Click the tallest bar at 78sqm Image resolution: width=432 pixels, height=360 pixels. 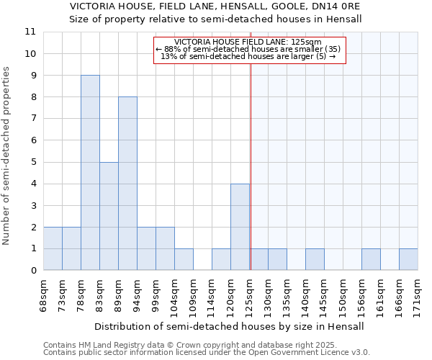(x=90, y=173)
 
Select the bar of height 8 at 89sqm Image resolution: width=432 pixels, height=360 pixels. (x=127, y=184)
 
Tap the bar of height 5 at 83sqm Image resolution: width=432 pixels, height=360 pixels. (x=109, y=216)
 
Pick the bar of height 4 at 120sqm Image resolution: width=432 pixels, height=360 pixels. (x=240, y=227)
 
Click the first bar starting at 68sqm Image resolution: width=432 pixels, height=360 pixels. (x=53, y=248)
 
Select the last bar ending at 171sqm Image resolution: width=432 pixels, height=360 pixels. (x=408, y=259)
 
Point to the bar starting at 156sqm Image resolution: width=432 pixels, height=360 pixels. (x=371, y=259)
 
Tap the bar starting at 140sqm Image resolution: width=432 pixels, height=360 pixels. (x=315, y=259)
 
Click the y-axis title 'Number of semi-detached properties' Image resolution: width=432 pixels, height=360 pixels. (x=7, y=156)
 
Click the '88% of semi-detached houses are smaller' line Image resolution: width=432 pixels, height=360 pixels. (x=248, y=49)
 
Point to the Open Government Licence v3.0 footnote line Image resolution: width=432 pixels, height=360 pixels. (x=207, y=353)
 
